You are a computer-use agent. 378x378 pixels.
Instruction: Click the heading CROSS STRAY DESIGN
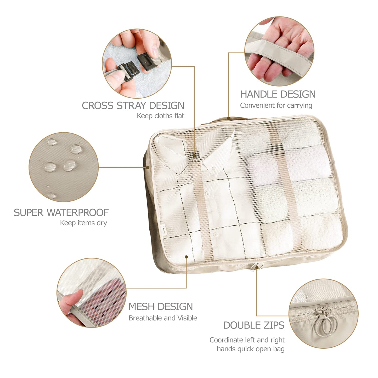(133, 105)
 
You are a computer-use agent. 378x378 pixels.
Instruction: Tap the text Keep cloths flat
(160, 116)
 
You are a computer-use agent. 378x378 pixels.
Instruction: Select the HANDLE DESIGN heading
(278, 94)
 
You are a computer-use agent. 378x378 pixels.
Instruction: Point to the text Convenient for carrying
(276, 105)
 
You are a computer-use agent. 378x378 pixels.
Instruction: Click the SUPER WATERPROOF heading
(61, 212)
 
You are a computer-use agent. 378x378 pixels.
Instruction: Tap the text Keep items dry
(83, 223)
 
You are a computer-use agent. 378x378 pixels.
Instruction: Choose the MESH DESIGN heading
(160, 307)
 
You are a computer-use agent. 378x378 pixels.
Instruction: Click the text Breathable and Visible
(163, 318)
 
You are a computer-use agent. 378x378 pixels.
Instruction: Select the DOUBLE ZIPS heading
(253, 325)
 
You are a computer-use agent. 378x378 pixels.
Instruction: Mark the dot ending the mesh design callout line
(186, 257)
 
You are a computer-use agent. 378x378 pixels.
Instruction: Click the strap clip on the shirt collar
(194, 155)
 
